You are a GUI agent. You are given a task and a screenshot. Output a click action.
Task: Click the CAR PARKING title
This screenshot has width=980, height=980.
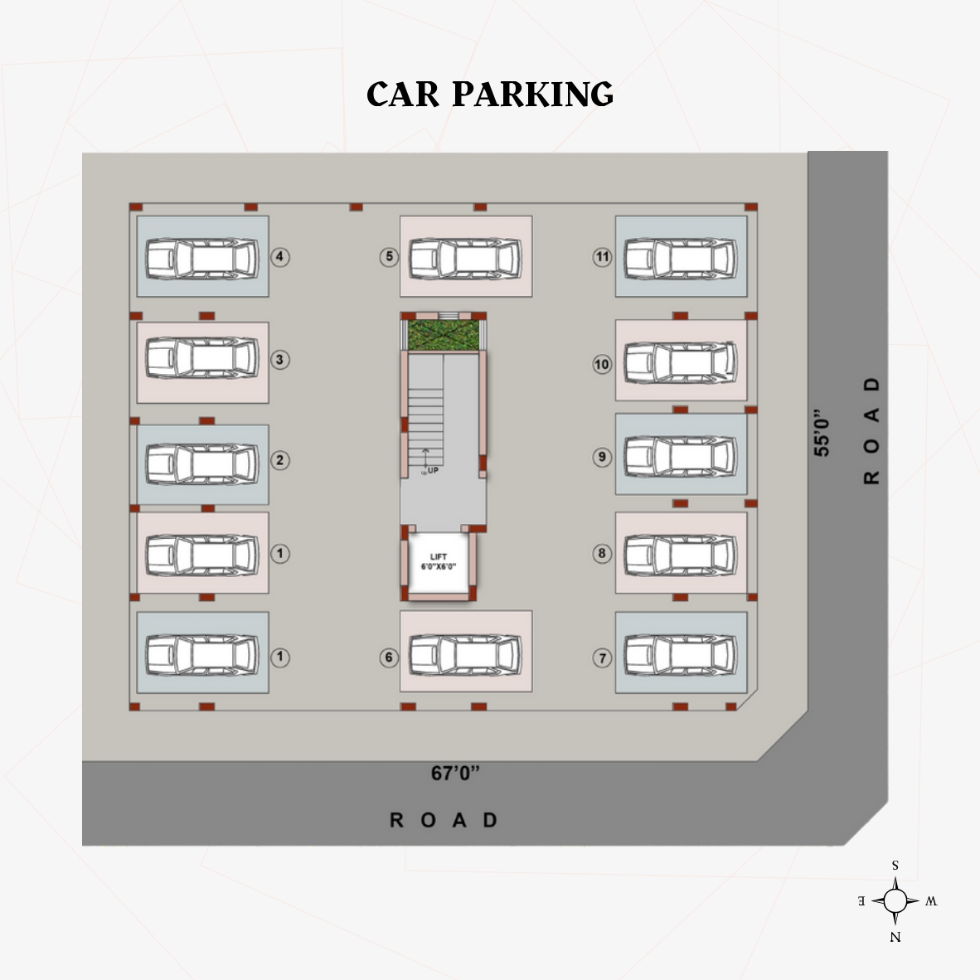click(x=490, y=95)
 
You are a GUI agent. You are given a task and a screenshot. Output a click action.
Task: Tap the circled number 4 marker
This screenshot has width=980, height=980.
click(x=280, y=257)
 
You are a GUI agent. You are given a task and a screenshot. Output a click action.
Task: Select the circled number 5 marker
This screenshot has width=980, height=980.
click(x=389, y=257)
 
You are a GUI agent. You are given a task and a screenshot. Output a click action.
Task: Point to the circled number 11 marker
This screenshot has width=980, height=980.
click(x=603, y=257)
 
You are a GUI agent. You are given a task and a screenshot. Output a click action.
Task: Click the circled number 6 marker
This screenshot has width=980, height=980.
click(x=389, y=657)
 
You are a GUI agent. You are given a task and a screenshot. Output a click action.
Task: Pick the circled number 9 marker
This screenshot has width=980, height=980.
click(x=602, y=457)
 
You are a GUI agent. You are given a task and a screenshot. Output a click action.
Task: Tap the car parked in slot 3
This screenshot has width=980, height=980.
click(x=202, y=358)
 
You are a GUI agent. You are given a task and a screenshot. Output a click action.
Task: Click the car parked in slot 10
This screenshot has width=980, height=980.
click(x=681, y=361)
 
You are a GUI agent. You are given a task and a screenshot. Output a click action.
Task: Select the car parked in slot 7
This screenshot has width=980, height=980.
click(x=681, y=655)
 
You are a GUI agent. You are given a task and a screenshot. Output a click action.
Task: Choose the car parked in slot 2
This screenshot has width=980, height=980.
click(x=202, y=463)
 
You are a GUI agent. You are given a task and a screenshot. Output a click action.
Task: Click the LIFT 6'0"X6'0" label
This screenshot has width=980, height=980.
click(x=439, y=562)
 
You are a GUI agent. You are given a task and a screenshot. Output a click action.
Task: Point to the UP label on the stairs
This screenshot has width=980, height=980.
click(x=433, y=471)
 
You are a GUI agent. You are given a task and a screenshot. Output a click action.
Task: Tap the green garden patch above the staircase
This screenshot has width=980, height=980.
click(x=443, y=334)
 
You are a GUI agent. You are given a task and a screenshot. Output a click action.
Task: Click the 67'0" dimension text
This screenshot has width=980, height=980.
click(x=456, y=773)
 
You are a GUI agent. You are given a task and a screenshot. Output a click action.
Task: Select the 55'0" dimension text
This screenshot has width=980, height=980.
click(x=822, y=433)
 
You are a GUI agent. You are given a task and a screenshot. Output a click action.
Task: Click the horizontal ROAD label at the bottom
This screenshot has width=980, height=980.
click(x=443, y=820)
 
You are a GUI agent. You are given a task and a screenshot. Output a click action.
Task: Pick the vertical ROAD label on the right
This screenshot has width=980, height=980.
click(x=871, y=430)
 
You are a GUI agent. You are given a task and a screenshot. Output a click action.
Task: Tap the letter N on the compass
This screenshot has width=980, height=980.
click(x=895, y=937)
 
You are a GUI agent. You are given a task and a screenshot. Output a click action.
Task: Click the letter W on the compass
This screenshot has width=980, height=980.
click(x=931, y=901)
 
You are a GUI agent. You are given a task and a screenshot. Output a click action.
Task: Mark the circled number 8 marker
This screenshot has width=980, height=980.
click(x=602, y=553)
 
